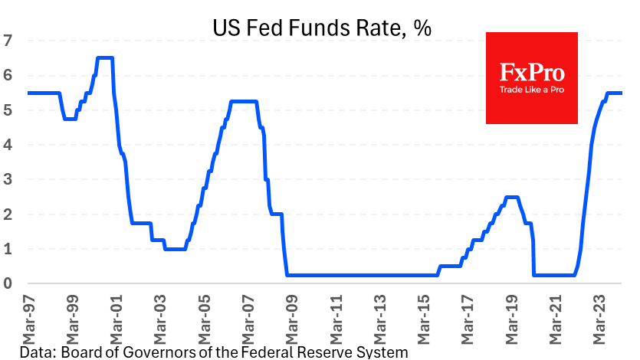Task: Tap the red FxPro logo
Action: pos(531,77)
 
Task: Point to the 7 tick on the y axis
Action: pos(8,41)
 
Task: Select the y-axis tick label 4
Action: pos(8,145)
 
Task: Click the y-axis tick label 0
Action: pos(8,284)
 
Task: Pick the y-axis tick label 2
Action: pos(8,214)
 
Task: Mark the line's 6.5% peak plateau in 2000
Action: pos(105,57)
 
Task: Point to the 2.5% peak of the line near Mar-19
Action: pos(512,197)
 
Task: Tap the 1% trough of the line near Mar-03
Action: pos(176,249)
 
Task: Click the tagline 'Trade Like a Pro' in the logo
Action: pos(531,90)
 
